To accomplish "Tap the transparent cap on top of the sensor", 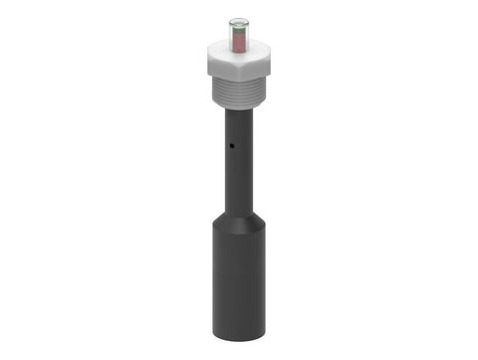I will (239, 33).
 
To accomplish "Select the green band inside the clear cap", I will (239, 29).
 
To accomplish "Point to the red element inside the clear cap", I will (239, 40).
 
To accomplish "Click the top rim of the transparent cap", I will (239, 19).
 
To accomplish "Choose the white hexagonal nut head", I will (239, 65).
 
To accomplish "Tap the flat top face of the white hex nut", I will (239, 54).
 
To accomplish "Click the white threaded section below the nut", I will (239, 94).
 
